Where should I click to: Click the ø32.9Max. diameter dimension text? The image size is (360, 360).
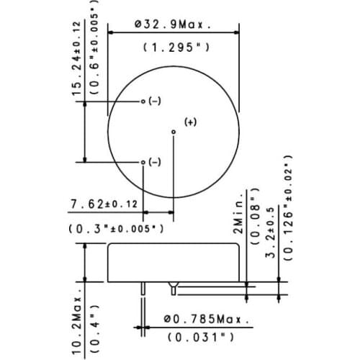click(x=172, y=24)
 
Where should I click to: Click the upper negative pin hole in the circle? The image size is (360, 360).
click(x=143, y=102)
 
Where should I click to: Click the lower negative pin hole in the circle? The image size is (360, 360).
click(x=143, y=162)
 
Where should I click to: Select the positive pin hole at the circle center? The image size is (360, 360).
click(x=173, y=131)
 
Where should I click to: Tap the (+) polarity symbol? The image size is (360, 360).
click(x=190, y=122)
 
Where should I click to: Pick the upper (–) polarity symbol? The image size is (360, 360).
click(x=155, y=102)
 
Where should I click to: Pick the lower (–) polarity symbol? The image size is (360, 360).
click(x=155, y=163)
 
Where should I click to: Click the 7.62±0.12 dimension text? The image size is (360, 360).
click(x=104, y=205)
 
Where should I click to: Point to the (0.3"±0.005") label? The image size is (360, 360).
click(x=115, y=228)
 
